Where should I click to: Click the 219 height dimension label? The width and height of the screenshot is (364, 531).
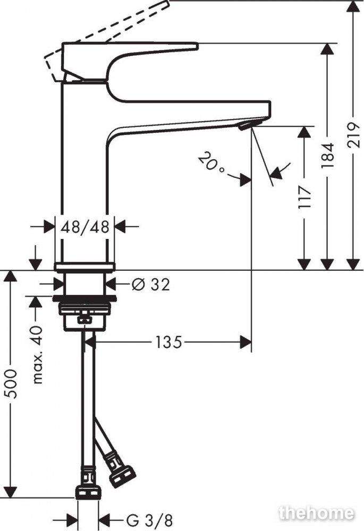click(x=353, y=134)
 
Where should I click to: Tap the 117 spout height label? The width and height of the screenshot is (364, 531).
click(x=304, y=198)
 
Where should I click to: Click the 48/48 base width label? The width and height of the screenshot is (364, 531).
click(x=84, y=227)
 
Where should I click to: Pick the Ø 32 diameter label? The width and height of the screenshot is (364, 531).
click(x=150, y=285)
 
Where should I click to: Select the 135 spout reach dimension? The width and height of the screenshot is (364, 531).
click(x=168, y=342)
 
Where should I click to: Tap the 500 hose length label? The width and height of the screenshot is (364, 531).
click(x=11, y=384)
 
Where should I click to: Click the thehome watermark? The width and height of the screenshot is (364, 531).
click(x=316, y=513)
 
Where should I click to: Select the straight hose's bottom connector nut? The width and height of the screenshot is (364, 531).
click(x=88, y=493)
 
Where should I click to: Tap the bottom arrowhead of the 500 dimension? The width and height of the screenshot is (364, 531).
click(x=11, y=492)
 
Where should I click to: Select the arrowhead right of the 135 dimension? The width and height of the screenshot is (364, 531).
click(x=246, y=342)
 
